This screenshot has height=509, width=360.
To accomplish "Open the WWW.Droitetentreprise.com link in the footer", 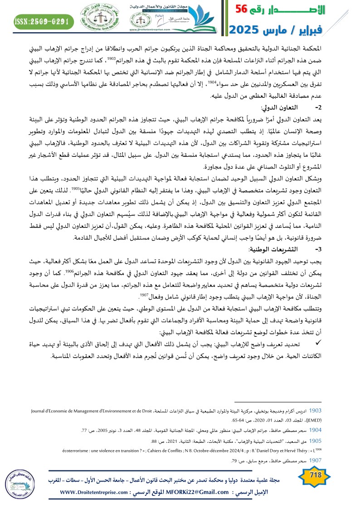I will click(96, 492).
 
